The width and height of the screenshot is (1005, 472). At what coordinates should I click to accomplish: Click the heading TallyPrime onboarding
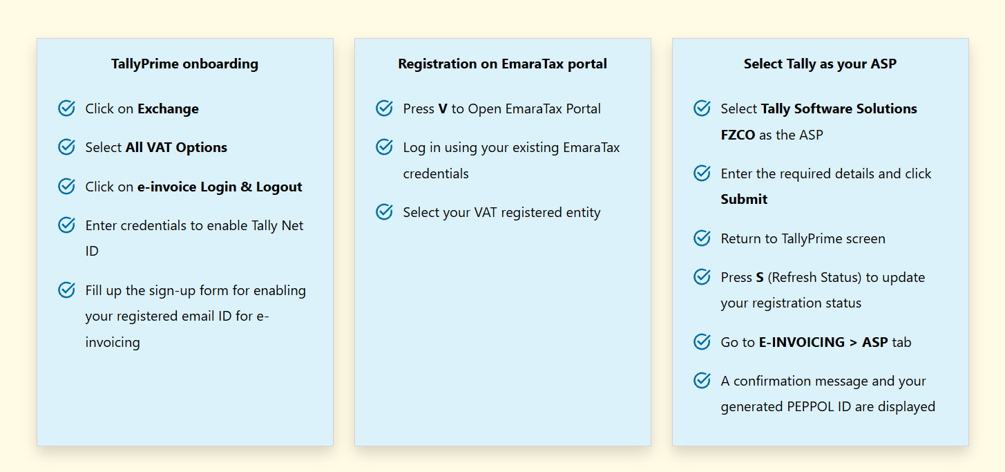[185, 64]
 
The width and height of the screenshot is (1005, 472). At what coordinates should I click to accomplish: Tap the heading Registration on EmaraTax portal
[503, 64]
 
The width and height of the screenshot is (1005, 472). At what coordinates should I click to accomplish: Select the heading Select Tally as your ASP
[820, 64]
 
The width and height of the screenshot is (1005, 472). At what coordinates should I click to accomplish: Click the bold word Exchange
[169, 108]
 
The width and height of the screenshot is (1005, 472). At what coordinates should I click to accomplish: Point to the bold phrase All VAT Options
[176, 147]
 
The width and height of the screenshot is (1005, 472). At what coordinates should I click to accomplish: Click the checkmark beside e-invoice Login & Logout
[66, 186]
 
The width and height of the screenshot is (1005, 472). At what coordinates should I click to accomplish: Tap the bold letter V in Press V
[443, 108]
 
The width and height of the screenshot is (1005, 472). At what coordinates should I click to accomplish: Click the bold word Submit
[744, 199]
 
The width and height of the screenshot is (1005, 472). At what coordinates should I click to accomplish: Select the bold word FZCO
[738, 135]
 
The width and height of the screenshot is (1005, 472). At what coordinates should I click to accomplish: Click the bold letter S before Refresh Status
[760, 277]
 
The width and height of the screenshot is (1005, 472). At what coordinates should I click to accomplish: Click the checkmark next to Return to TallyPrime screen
[702, 238]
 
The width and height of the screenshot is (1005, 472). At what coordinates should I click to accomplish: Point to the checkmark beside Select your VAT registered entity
[384, 211]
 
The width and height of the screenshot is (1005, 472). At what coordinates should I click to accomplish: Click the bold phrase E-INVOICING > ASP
[823, 342]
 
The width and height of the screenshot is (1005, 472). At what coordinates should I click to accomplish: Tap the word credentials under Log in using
[436, 173]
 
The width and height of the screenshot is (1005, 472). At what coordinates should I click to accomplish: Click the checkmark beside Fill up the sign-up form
[66, 290]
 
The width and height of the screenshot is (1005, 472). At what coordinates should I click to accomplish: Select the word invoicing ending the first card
[113, 342]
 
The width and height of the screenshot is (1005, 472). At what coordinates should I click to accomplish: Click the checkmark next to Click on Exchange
[66, 108]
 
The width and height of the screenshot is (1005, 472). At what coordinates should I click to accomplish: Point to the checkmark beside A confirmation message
[702, 380]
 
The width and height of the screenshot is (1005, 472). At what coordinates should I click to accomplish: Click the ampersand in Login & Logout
[247, 187]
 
